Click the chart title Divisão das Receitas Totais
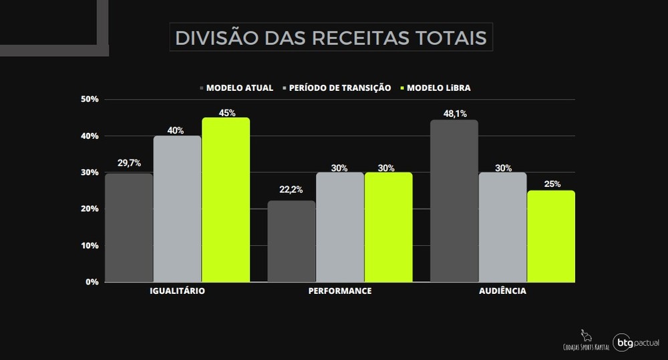coord(331,37)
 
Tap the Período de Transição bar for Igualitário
coord(177,208)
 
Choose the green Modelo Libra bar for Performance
coord(388,227)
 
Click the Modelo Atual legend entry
coord(236,87)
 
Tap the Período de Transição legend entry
coord(337,87)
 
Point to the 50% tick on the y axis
coord(89,100)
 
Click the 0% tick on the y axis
coord(92,282)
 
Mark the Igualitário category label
coord(177,292)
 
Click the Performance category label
coord(339,292)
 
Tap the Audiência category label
coord(502,292)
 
